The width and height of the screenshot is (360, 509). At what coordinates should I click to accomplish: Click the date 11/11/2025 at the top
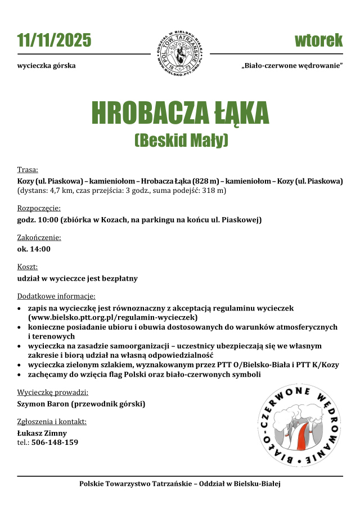(x=54, y=40)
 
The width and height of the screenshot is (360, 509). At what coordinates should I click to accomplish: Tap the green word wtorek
(x=318, y=40)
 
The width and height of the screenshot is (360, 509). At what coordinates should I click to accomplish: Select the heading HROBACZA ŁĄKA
(x=180, y=113)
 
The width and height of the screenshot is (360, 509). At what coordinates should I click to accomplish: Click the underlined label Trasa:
(x=28, y=170)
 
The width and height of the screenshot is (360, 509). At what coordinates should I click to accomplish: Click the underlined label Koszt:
(x=28, y=267)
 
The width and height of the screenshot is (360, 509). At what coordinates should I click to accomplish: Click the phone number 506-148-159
(x=55, y=443)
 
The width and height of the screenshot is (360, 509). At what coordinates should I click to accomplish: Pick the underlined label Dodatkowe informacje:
(x=56, y=296)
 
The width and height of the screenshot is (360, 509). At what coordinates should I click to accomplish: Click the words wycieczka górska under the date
(x=47, y=66)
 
